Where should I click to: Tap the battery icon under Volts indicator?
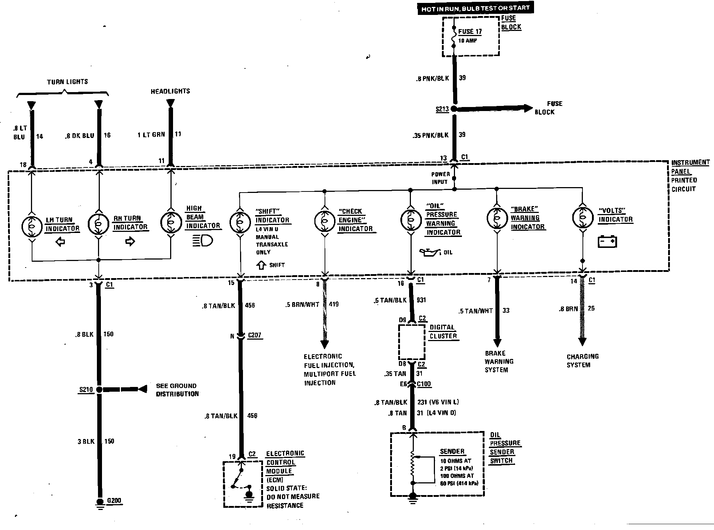click(x=607, y=242)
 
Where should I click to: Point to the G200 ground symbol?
click(x=100, y=503)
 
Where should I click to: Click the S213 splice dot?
click(x=454, y=108)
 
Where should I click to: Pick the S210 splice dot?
click(x=99, y=389)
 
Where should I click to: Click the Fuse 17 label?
click(x=470, y=32)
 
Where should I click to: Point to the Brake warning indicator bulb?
click(x=497, y=218)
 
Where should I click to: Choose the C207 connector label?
click(x=254, y=335)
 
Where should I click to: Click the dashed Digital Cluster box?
click(x=412, y=342)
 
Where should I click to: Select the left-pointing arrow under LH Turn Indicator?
click(x=60, y=242)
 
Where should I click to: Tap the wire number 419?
click(x=334, y=304)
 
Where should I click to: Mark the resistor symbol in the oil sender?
click(x=413, y=467)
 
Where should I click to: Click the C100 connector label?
click(x=424, y=384)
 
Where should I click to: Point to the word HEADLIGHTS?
click(x=170, y=91)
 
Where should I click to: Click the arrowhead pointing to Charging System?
click(x=582, y=342)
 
